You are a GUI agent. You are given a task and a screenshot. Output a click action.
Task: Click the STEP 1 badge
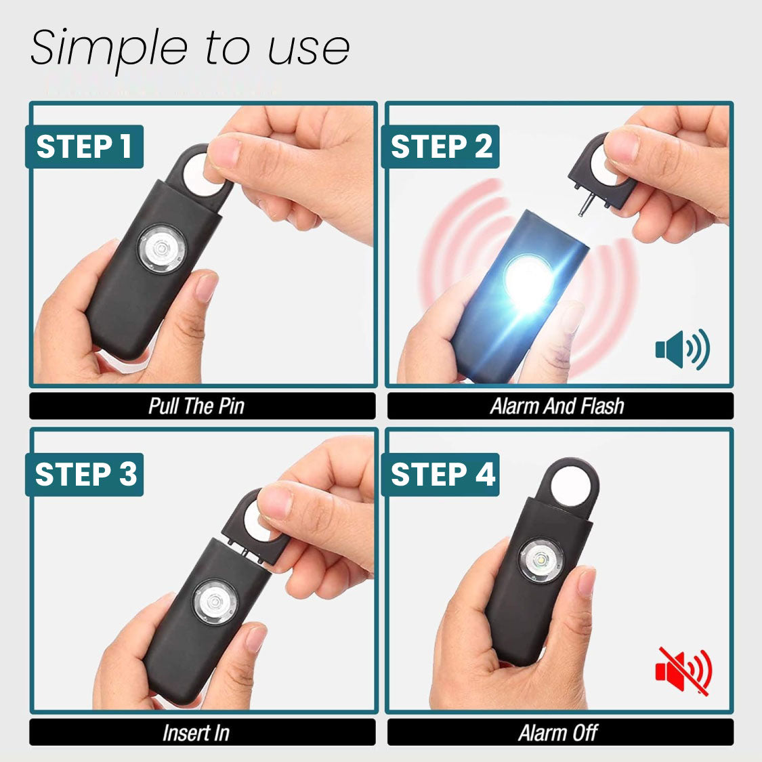tap(84, 146)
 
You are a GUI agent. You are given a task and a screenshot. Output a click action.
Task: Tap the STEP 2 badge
tap(440, 146)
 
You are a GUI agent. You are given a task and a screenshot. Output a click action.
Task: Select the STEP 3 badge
tap(85, 474)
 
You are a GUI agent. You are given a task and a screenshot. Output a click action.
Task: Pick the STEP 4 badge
tap(442, 474)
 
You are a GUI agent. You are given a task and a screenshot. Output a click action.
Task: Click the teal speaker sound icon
tap(681, 350)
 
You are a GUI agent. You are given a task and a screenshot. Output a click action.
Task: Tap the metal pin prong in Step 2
tap(580, 203)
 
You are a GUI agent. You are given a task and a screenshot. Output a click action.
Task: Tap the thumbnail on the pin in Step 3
tap(274, 502)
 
